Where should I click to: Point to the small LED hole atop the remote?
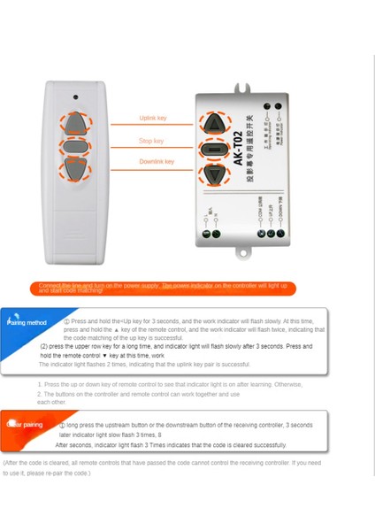[75, 96]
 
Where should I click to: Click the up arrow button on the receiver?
[215, 123]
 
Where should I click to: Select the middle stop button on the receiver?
[215, 150]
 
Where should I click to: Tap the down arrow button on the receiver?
[215, 175]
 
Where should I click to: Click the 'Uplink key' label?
[152, 118]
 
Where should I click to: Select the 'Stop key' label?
[151, 141]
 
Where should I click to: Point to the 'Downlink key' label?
[156, 162]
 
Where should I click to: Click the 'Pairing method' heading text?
[27, 323]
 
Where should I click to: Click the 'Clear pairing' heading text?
[26, 425]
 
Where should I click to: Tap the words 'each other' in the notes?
[51, 402]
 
